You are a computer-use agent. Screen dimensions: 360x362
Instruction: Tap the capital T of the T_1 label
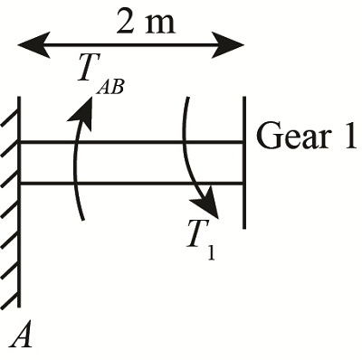195,234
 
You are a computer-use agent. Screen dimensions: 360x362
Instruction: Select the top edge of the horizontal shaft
131,141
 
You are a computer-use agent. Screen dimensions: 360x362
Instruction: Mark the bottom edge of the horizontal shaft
131,184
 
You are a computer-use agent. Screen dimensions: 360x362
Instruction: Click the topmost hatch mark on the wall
10,100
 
